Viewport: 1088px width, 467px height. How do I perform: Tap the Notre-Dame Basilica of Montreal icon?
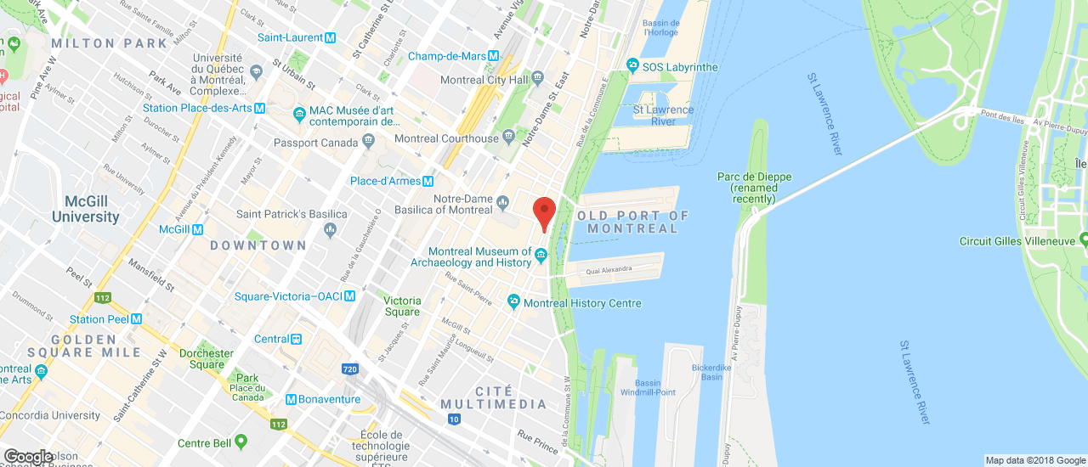(502, 202)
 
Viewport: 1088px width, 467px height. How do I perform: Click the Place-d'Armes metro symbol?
(428, 181)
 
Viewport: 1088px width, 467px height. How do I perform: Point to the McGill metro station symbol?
(197, 229)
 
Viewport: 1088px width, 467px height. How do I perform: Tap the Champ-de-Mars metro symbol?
(493, 56)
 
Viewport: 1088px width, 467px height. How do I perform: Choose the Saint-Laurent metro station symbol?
(330, 37)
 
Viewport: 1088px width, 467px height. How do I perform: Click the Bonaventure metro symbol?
(291, 399)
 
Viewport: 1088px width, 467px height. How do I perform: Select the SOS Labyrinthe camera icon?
(632, 66)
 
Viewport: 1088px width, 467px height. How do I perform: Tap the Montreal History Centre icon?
(513, 302)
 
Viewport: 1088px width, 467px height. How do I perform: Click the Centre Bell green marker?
(241, 442)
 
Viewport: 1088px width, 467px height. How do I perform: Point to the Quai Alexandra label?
(609, 270)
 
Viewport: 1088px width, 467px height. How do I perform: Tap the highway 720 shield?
(349, 369)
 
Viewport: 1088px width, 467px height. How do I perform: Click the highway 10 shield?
(454, 419)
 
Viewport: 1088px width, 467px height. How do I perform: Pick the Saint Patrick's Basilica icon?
(331, 229)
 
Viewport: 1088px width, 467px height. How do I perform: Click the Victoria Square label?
(402, 306)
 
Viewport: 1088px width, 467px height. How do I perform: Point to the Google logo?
(28, 457)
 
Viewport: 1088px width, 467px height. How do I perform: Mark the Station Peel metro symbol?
(136, 319)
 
